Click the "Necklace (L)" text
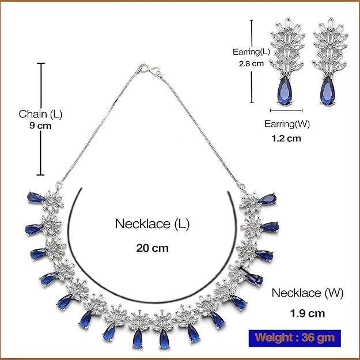[152, 223]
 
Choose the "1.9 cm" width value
[308, 313]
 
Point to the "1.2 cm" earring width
[286, 138]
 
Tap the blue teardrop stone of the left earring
[284, 91]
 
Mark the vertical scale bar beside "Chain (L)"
[41, 118]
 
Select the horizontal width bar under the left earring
[286, 109]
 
